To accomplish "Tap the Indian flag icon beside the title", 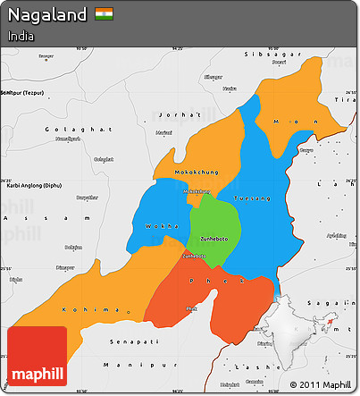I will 104,15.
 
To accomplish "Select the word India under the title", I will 21,37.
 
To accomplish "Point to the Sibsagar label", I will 265,55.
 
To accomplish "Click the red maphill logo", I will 37,357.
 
